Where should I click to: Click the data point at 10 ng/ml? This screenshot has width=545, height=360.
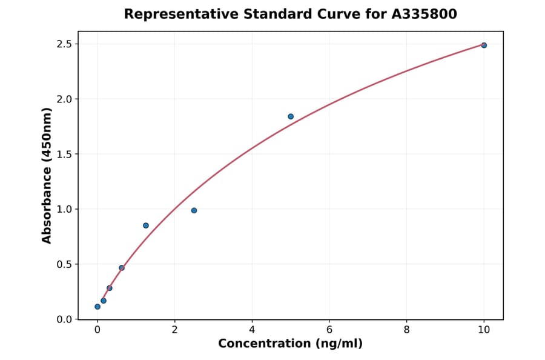tap(484, 45)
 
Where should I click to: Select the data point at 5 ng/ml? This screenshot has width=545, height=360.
tap(291, 116)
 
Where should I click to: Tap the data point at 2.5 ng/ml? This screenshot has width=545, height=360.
tap(194, 210)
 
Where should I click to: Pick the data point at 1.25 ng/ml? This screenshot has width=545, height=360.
tap(146, 225)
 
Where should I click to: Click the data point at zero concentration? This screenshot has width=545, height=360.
tap(97, 307)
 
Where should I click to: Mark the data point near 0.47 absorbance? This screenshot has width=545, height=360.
tap(122, 268)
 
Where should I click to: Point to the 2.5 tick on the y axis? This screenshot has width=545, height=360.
tap(64, 44)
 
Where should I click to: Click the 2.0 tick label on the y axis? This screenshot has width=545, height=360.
tap(64, 99)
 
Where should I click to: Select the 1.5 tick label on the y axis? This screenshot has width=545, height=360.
tap(64, 154)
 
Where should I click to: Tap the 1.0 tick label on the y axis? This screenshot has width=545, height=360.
tap(64, 209)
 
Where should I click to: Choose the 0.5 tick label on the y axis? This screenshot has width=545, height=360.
tap(64, 264)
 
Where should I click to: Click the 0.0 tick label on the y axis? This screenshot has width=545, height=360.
tap(64, 319)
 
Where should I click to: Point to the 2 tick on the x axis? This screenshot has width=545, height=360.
tap(174, 330)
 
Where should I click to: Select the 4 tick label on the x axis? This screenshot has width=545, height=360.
tap(252, 330)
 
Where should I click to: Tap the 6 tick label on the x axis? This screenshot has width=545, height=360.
tap(329, 330)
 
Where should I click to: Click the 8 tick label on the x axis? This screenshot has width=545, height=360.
tap(406, 330)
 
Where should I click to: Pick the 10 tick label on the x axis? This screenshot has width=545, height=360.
tap(484, 330)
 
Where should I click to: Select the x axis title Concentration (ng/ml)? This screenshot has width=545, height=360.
tap(290, 344)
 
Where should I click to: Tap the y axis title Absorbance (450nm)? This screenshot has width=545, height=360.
tap(47, 176)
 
